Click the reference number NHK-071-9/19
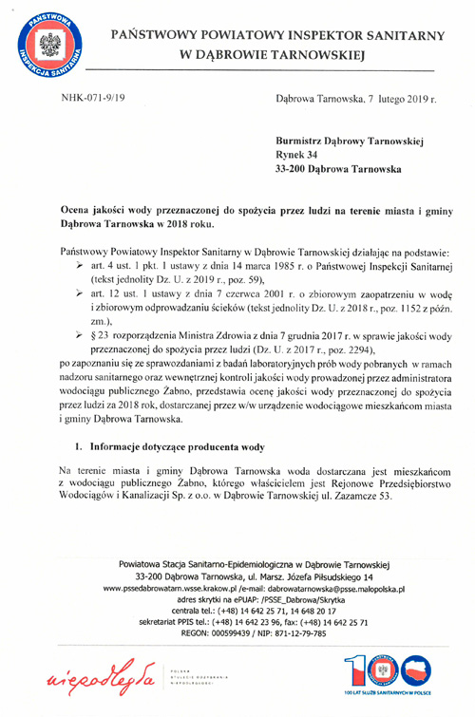[x=93, y=98]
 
